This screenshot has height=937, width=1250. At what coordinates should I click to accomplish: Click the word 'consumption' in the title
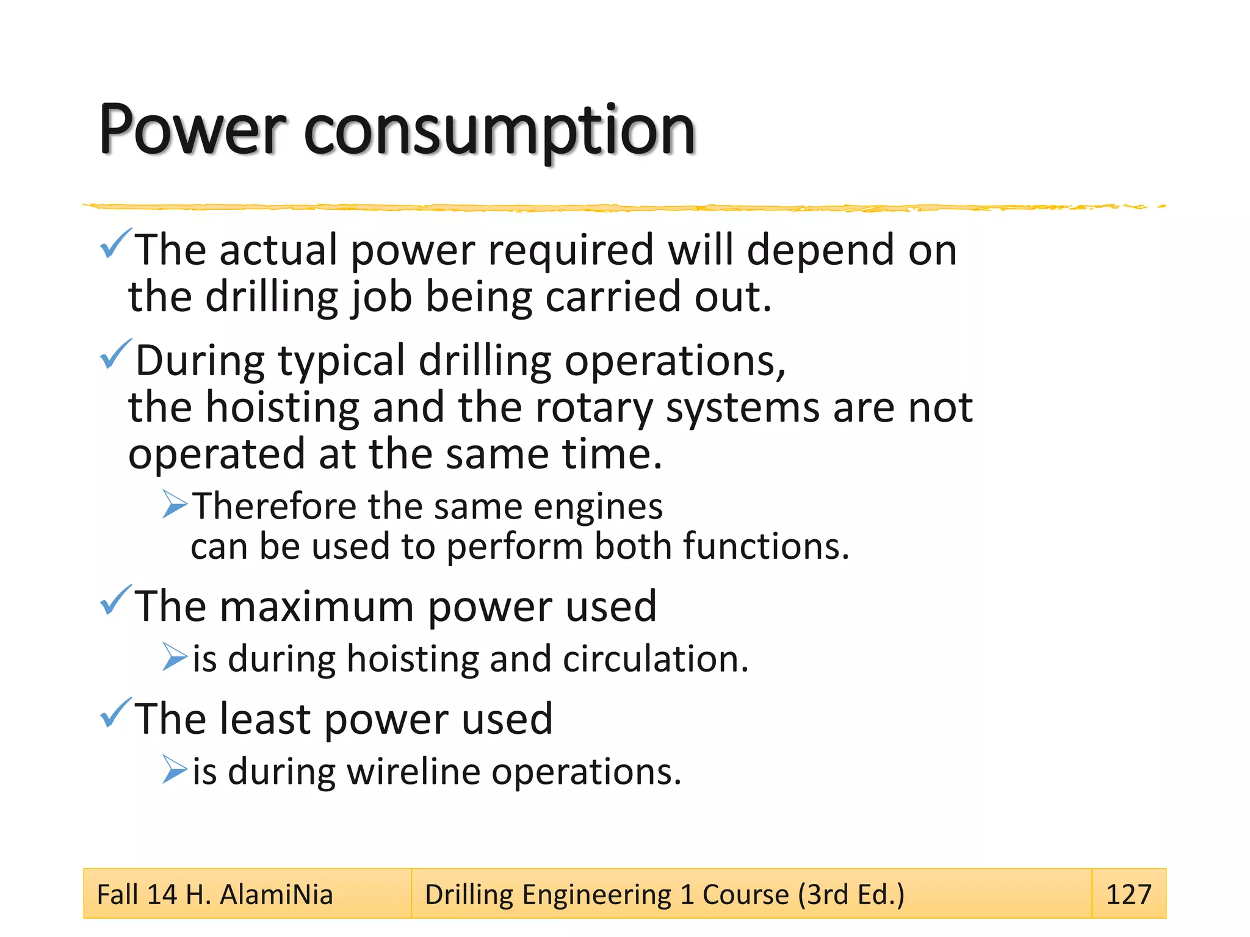click(499, 131)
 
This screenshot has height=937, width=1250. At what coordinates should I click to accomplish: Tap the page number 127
click(1128, 894)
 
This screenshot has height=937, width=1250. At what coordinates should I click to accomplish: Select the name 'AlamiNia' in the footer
click(276, 895)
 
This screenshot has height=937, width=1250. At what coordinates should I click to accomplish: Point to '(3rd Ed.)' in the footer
click(851, 895)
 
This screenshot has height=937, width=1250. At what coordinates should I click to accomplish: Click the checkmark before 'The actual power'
click(115, 243)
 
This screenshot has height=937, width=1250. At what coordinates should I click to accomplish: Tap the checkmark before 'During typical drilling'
click(115, 354)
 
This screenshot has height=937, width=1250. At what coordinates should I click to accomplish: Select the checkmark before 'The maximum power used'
click(115, 600)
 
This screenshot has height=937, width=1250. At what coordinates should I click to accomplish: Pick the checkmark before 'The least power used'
click(115, 713)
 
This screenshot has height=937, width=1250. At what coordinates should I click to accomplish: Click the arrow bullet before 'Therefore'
click(175, 504)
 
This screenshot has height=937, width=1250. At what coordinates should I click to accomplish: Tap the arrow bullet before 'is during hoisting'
click(175, 657)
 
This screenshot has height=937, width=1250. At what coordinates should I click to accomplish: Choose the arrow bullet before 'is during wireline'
click(175, 770)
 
